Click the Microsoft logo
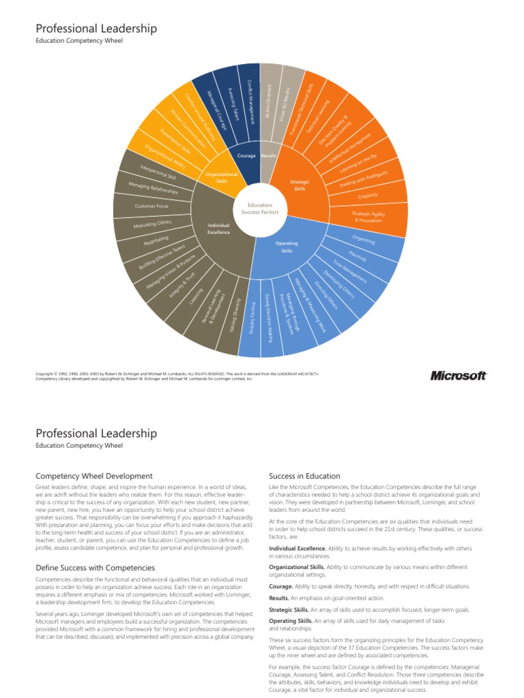coord(458,376)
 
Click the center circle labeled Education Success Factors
coord(259,209)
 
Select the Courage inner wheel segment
coord(246,155)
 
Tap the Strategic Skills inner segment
coord(300,185)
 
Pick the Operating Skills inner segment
coord(287,247)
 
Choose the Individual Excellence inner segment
coord(218,228)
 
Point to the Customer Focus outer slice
coord(152,205)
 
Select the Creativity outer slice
coord(368,196)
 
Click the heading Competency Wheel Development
coord(94,476)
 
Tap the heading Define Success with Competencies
coord(95,567)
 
